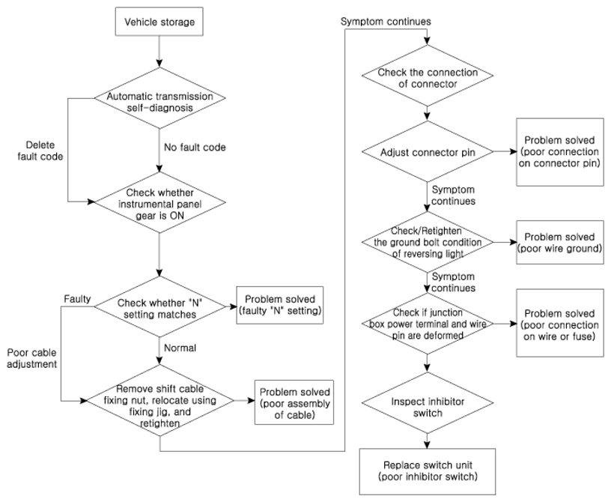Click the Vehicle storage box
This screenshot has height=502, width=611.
159,22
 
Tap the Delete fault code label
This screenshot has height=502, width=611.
40,151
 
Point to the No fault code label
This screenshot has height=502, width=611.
195,147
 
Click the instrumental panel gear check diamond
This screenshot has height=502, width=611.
159,202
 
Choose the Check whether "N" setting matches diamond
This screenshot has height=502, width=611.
159,306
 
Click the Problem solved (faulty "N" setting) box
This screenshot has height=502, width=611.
280,305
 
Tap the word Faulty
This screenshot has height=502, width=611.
77,299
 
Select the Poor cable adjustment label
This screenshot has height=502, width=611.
32,358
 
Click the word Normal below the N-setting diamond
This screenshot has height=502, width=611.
180,348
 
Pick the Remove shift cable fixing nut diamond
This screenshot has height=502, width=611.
159,401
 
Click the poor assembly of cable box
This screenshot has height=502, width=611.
294,402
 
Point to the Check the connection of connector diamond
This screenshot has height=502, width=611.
428,75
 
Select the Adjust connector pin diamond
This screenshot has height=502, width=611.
428,151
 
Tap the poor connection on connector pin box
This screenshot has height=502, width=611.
560,152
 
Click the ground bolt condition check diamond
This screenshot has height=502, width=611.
428,242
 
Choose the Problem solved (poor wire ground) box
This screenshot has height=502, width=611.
560,242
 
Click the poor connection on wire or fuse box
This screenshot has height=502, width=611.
560,323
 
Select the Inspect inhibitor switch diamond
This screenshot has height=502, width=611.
428,402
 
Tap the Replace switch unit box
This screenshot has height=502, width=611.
428,471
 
